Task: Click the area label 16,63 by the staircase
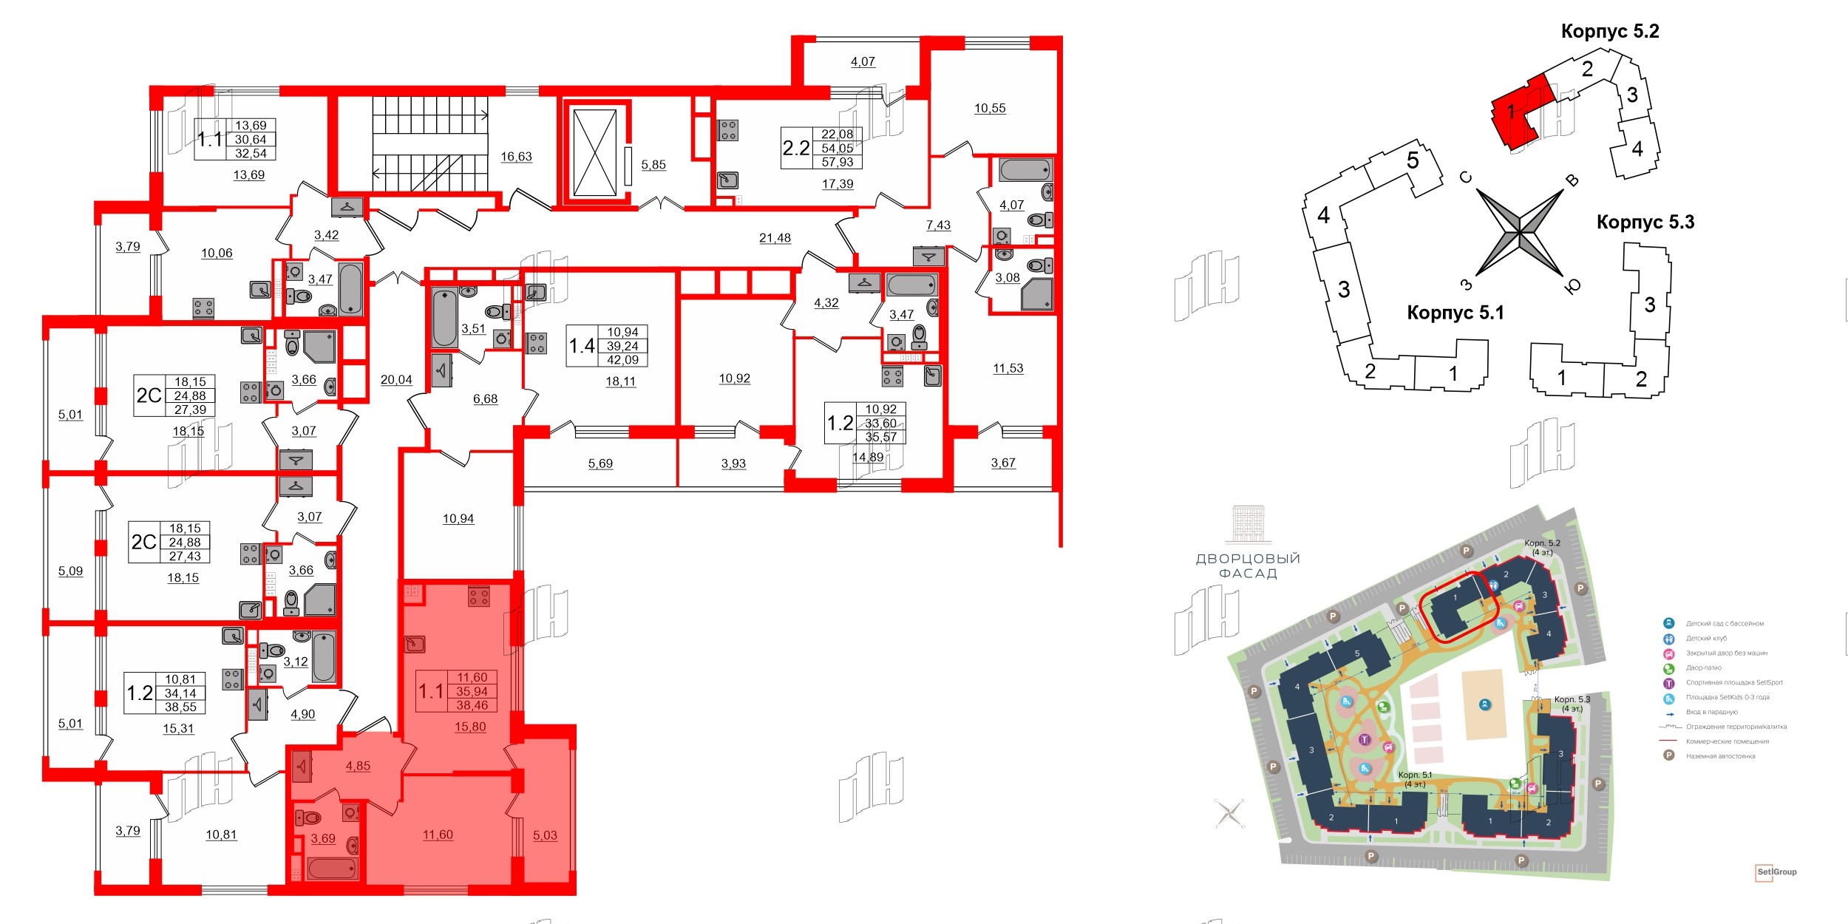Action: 516,157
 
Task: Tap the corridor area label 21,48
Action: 775,238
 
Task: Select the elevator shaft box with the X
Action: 595,153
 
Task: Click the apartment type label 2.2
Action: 796,149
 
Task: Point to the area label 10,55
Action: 990,109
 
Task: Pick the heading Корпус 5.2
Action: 1609,31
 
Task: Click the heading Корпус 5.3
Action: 1645,222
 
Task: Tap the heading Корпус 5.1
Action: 1455,313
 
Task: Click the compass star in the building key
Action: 1520,234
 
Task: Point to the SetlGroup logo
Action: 1776,872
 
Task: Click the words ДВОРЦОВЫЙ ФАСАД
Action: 1248,565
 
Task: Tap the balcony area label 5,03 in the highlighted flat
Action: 545,835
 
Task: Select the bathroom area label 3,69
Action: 323,838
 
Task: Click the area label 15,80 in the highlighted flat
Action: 470,727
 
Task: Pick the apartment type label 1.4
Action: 582,346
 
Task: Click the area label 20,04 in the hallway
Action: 396,380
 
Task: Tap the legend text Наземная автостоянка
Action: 1720,756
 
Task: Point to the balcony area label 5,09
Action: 71,571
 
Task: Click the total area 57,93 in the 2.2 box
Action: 837,162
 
